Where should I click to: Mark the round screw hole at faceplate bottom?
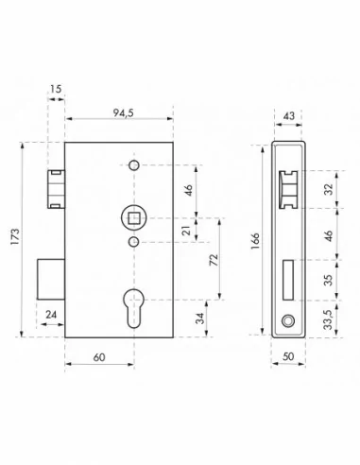pos(289,321)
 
